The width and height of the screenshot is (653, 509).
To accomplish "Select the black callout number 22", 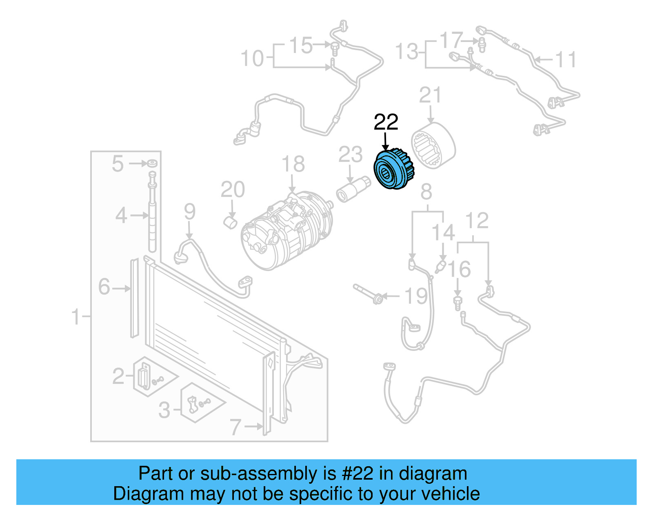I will pyautogui.click(x=386, y=122).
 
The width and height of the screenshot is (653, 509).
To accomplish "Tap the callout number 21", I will pyautogui.click(x=430, y=95).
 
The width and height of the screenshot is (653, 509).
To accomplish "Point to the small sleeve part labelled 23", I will pyautogui.click(x=353, y=189).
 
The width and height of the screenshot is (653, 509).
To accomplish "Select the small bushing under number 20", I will pyautogui.click(x=231, y=223).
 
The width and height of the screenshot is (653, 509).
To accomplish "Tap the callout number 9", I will pyautogui.click(x=189, y=212).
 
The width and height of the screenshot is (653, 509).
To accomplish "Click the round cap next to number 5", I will pyautogui.click(x=152, y=163).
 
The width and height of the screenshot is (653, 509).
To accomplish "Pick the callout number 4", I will pyautogui.click(x=121, y=215).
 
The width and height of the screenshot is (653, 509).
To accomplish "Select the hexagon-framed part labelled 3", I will pyautogui.click(x=196, y=403).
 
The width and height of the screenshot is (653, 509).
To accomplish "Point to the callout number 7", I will pyautogui.click(x=236, y=427).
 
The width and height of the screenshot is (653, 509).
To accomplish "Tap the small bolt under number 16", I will pyautogui.click(x=458, y=303).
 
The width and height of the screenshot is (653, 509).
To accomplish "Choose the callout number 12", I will pyautogui.click(x=477, y=221).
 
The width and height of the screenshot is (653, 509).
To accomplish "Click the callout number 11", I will pyautogui.click(x=566, y=60).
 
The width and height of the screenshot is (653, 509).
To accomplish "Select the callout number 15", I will pyautogui.click(x=301, y=45).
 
